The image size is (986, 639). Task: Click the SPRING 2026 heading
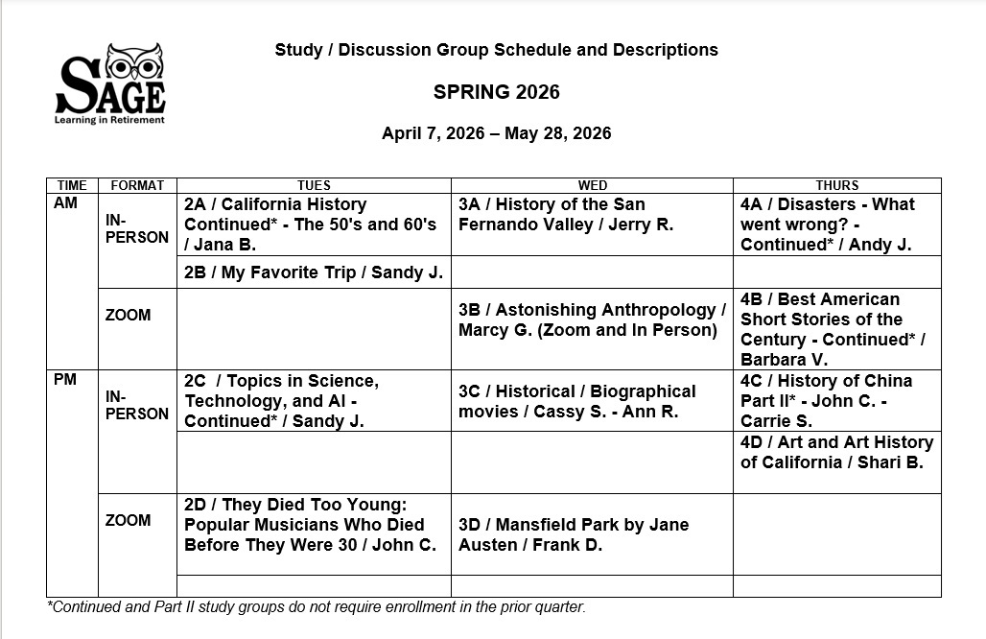point(496,92)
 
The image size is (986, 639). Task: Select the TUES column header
point(314,185)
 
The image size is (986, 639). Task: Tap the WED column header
point(592,185)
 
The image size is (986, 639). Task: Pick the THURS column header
point(836,185)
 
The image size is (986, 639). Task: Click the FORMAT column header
point(137,185)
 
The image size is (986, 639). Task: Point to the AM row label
point(66,204)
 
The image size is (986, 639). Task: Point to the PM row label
point(66,381)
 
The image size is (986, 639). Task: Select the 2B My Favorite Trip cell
point(314,272)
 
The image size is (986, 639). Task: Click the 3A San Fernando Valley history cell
point(566,215)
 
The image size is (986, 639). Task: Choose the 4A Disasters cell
point(828,225)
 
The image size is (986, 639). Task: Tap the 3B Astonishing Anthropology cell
point(592,320)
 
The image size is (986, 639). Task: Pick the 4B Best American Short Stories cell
point(832,329)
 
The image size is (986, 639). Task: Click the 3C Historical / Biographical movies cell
point(576,401)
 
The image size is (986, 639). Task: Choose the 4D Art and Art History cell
point(836,452)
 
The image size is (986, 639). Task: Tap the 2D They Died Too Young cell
point(310,525)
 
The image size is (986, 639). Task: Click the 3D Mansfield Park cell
point(573,534)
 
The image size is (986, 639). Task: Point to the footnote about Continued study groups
point(316,606)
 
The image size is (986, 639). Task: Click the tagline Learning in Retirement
point(109,120)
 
